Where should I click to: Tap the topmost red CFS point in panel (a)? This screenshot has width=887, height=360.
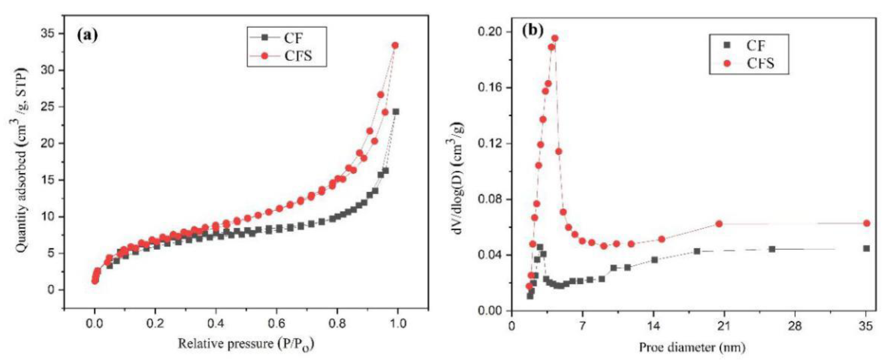pos(395,45)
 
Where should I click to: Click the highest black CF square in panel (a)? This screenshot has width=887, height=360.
pos(396,112)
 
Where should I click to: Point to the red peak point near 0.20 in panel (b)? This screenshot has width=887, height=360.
pos(555,38)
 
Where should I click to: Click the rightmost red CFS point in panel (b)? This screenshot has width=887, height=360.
pos(866,223)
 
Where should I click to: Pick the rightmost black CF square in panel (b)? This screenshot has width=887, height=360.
pos(866,249)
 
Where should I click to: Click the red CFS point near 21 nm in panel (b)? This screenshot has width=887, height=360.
pos(719,224)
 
